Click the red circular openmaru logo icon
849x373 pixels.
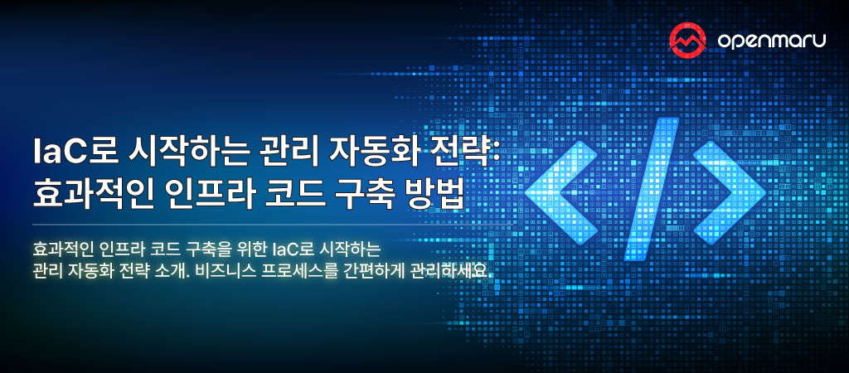click(686, 36)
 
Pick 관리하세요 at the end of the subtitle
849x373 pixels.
click(449, 272)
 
